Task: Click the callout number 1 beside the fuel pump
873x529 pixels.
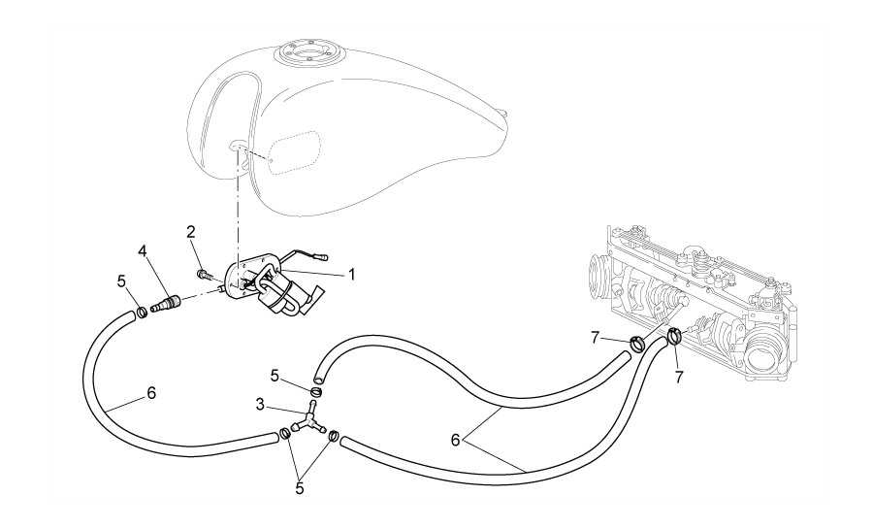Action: (352, 275)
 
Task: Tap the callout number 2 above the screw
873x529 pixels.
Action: (191, 231)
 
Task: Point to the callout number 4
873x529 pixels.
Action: (142, 250)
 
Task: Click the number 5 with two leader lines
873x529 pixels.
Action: (299, 488)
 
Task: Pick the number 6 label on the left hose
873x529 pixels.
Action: (150, 393)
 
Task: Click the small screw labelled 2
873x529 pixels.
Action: (205, 274)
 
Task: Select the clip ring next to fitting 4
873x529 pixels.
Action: (141, 312)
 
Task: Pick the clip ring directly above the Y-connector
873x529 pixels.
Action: (315, 391)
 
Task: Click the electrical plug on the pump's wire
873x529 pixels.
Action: (324, 257)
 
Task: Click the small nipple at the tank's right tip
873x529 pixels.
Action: (504, 116)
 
